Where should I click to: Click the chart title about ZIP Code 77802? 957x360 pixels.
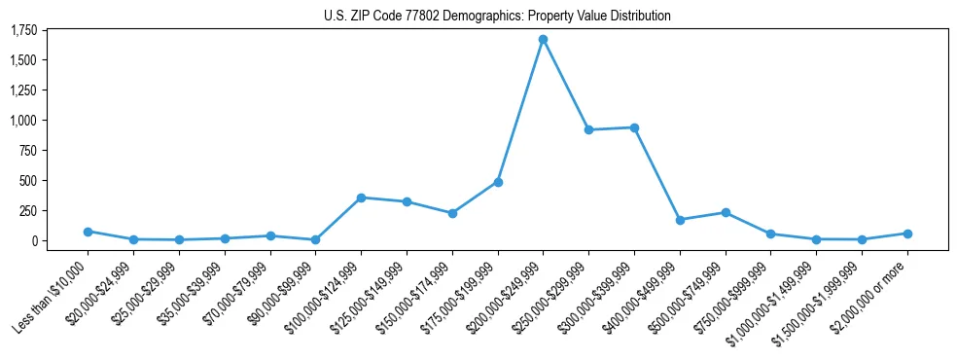pos(497,16)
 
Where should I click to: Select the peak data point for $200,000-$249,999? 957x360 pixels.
pos(543,40)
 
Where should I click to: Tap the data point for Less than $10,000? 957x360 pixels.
pos(88,232)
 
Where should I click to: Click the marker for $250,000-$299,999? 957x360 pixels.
pos(588,129)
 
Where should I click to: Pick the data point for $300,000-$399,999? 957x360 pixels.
pos(634,127)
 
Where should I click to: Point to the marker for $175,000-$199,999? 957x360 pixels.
pos(498,182)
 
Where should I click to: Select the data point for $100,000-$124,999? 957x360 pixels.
pos(361,198)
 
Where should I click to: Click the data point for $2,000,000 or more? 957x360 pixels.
pos(907,234)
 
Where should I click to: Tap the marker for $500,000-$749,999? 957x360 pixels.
pos(726,212)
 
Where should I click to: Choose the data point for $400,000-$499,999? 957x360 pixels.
pos(680,220)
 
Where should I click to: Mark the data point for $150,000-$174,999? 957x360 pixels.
pos(452,213)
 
